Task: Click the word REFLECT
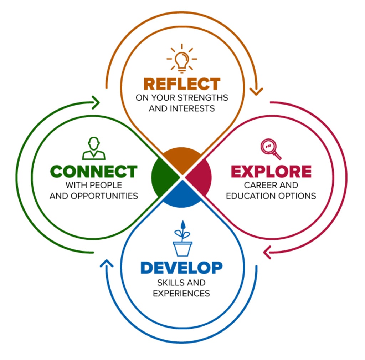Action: (182, 84)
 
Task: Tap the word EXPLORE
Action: (271, 172)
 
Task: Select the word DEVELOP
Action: (181, 268)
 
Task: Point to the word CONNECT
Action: (94, 172)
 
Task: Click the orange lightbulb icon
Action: (182, 58)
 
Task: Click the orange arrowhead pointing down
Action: (256, 91)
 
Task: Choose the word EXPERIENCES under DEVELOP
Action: (181, 293)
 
